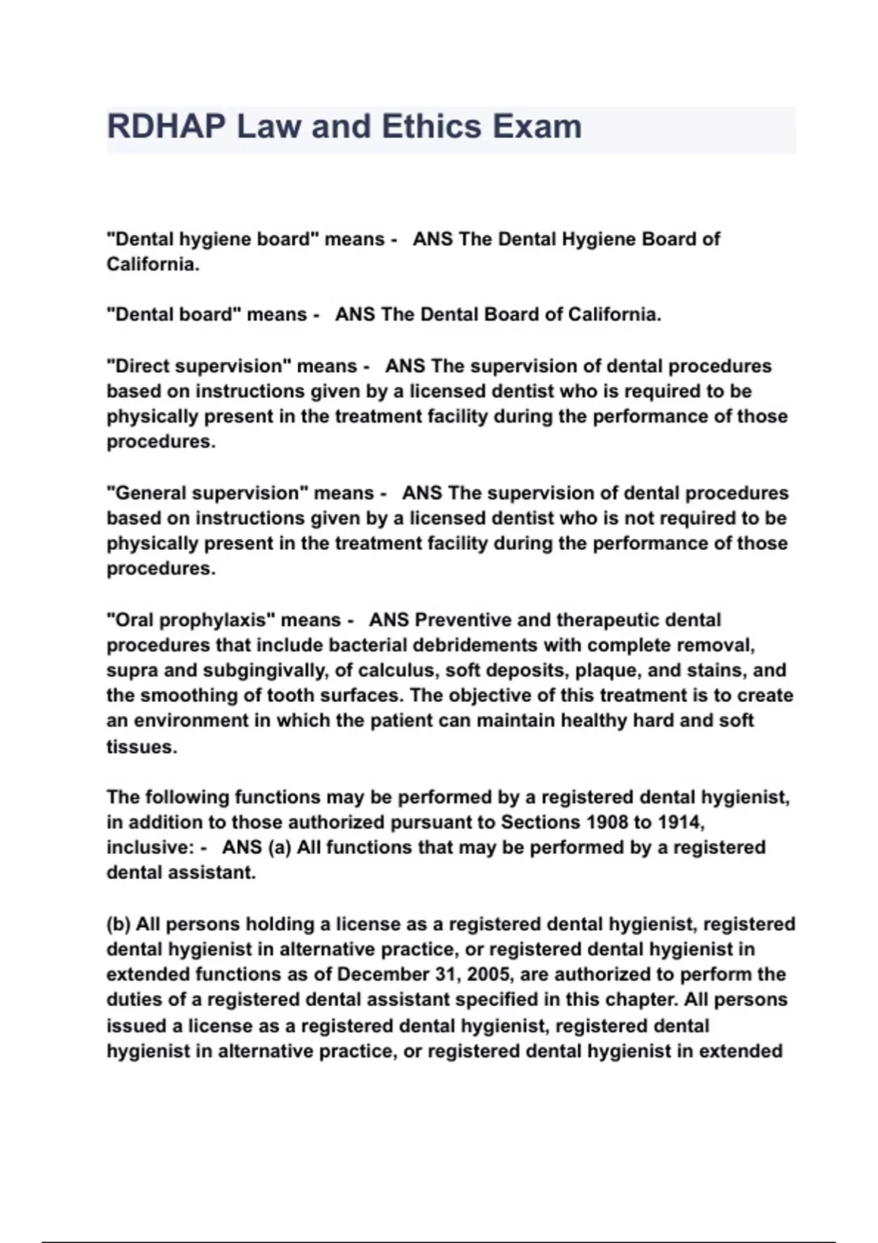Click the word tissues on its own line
click(x=141, y=747)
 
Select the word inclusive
click(x=149, y=848)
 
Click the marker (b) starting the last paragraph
click(x=119, y=924)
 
